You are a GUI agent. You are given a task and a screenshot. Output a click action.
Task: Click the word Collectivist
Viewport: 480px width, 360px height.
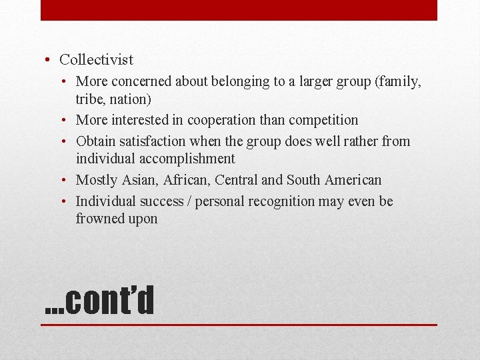click(96, 60)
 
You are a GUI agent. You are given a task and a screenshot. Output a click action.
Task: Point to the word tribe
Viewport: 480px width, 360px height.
click(90, 99)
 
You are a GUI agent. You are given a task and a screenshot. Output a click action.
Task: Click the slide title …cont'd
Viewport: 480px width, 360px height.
click(99, 300)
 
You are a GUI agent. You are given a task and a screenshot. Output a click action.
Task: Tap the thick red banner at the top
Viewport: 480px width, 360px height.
click(239, 10)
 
